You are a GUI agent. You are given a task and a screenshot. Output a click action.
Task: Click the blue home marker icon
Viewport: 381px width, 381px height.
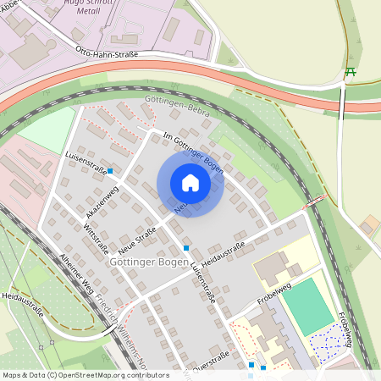pos(190,183)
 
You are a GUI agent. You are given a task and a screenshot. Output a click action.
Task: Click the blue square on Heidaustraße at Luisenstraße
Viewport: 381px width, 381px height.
pos(186,248)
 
